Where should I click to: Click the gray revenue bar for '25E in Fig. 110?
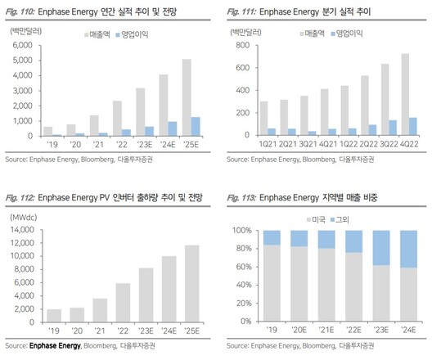coord(187,97)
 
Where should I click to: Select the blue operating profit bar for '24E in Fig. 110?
coord(173,128)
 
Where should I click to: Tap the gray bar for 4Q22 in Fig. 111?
coord(405,95)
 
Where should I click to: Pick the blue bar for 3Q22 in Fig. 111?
coord(393,128)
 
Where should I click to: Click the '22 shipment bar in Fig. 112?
coord(123,303)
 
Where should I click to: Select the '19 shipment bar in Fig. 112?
coord(54,316)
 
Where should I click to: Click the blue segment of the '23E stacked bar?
coord(381,248)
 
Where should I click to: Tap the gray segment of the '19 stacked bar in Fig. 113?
coord(272,283)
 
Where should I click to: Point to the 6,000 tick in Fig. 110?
coord(23,45)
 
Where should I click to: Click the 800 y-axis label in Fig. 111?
coord(242,45)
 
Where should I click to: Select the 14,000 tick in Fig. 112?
coord(22,230)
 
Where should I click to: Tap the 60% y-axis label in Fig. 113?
coord(244,267)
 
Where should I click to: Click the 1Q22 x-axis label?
coord(349,144)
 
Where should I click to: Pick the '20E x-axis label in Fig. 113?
coord(299,330)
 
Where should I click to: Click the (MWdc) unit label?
coord(24,218)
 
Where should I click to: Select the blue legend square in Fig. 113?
coord(333,219)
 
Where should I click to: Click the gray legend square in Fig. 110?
coord(87,34)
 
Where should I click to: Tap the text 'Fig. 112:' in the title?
coord(20,197)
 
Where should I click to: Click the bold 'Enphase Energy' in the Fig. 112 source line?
coord(55,345)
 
